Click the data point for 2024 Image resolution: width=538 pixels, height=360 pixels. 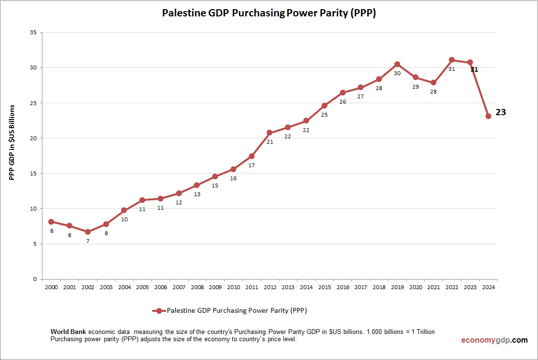(x=488, y=116)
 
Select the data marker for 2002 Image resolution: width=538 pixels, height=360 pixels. (x=88, y=232)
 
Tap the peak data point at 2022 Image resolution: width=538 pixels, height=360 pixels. (x=452, y=60)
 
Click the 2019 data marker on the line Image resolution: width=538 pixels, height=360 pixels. (x=397, y=64)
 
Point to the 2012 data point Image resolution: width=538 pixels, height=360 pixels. (x=269, y=133)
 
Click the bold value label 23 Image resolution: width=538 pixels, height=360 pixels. (x=501, y=112)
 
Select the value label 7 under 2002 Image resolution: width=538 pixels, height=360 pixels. (x=88, y=240)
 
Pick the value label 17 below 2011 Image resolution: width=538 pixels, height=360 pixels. (x=252, y=165)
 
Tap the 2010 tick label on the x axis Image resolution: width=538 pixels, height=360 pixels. (x=233, y=287)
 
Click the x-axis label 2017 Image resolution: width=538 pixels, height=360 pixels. (x=361, y=287)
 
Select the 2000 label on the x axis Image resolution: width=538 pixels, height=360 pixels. (x=51, y=287)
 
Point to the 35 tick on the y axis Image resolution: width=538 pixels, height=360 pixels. (x=33, y=32)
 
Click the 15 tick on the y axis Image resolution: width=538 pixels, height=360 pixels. (x=33, y=173)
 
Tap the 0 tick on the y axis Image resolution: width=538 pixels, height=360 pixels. (x=35, y=279)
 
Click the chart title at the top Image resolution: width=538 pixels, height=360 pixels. (x=269, y=13)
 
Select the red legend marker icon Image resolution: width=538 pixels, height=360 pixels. (x=159, y=311)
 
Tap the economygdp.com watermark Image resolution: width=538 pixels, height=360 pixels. (x=494, y=340)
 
